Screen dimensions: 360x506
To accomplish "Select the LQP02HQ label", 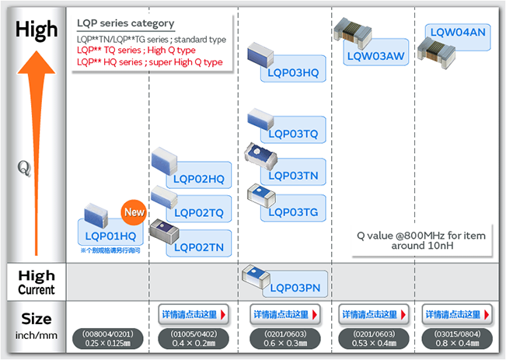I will coord(199,180).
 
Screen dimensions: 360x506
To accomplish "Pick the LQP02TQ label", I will coord(199,213).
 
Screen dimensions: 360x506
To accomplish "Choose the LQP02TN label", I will coord(199,246).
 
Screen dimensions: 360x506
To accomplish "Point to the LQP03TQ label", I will coord(291,134).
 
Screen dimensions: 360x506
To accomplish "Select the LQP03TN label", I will coord(291,175).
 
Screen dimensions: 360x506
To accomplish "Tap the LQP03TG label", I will coord(291,212).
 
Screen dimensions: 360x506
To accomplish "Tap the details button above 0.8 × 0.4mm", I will coord(457,314).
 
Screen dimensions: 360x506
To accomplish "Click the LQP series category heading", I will coord(126,23).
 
